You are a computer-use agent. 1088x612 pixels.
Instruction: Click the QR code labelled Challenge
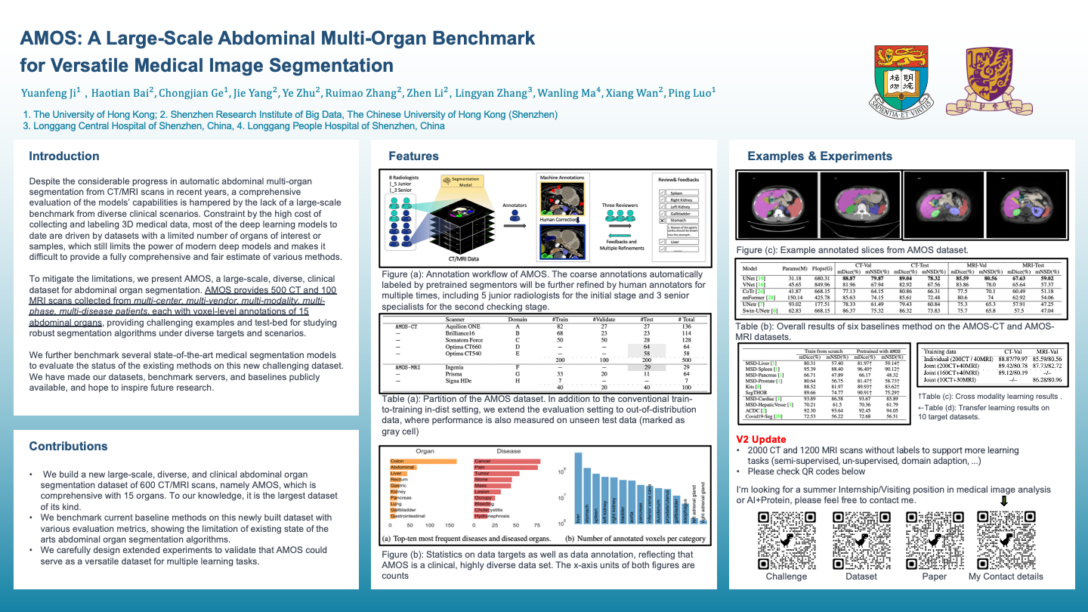click(x=786, y=539)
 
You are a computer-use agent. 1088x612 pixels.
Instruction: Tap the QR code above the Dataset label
click(x=861, y=539)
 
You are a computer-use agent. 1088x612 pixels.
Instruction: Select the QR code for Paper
click(x=934, y=539)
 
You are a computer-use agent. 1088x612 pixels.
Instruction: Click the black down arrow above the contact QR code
click(x=1004, y=500)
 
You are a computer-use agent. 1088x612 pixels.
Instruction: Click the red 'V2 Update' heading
click(x=761, y=439)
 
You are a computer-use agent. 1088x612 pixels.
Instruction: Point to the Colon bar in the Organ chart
click(x=423, y=461)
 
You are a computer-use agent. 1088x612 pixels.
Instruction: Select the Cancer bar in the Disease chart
click(x=507, y=461)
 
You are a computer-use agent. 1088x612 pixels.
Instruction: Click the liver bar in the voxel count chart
click(x=579, y=487)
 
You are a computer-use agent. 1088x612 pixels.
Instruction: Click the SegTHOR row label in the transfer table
click(x=756, y=392)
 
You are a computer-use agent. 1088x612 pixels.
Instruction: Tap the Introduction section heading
click(x=64, y=156)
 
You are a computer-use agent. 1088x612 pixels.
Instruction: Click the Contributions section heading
click(x=68, y=447)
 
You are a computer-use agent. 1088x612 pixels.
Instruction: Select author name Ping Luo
click(x=691, y=94)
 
